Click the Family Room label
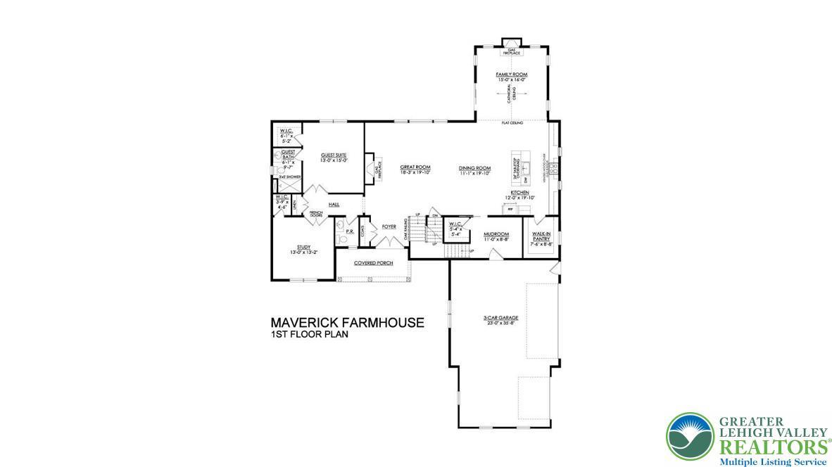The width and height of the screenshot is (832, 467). point(511,74)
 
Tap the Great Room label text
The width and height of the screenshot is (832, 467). point(415,168)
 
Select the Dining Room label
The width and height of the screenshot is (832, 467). point(474,168)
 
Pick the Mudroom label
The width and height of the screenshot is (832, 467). point(496,236)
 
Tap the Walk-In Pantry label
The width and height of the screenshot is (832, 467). point(541,236)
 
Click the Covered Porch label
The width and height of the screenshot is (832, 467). point(373,263)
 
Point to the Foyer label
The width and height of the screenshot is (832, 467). point(389,226)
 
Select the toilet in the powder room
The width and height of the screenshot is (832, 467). point(342,238)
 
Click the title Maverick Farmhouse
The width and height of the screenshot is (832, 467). point(347,323)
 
